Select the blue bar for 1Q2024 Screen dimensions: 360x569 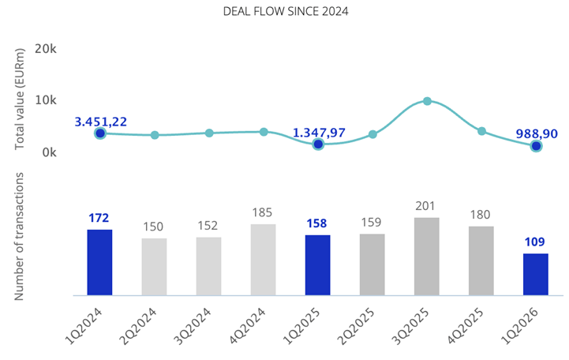[x=100, y=262]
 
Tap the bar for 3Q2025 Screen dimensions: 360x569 [x=427, y=257]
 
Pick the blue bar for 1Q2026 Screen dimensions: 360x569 [x=536, y=274]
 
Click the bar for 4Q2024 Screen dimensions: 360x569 [x=264, y=260]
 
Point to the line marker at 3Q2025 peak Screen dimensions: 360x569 [x=427, y=101]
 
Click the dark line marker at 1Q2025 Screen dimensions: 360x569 [x=318, y=144]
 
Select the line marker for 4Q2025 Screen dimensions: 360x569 [x=481, y=131]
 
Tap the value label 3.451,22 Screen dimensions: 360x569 [x=100, y=122]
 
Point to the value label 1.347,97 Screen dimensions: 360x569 [x=318, y=132]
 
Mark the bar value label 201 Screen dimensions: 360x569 [x=427, y=206]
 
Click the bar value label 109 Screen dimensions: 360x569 [x=536, y=242]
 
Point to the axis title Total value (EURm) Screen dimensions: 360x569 [x=21, y=97]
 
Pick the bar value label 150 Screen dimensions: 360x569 [x=153, y=227]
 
